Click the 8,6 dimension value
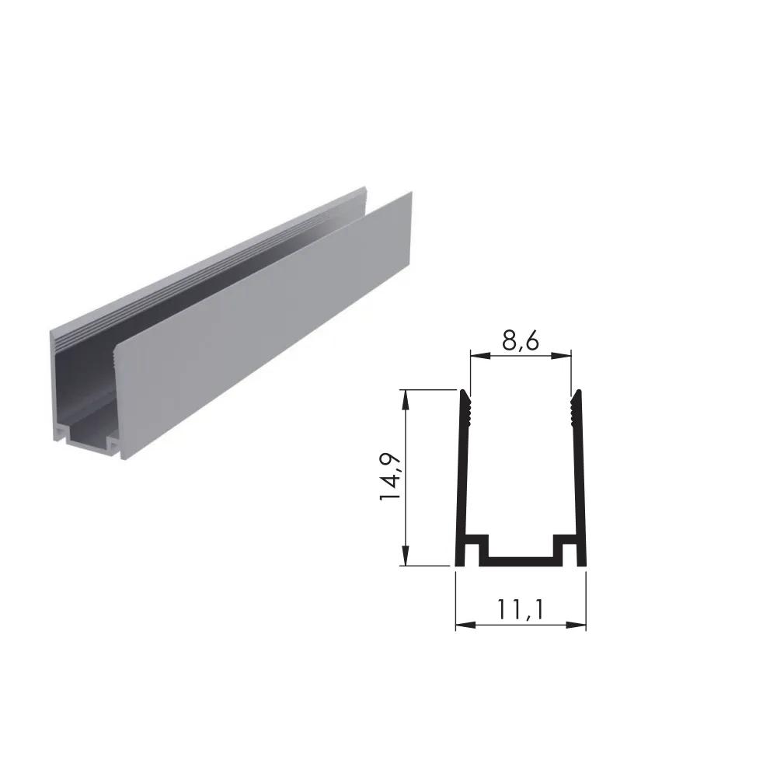point(520,340)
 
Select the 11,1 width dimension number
point(521,609)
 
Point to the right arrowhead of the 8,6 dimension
point(561,355)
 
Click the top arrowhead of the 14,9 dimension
point(406,400)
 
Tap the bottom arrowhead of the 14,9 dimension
point(406,556)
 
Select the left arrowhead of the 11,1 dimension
point(465,625)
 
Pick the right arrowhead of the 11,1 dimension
point(576,625)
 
